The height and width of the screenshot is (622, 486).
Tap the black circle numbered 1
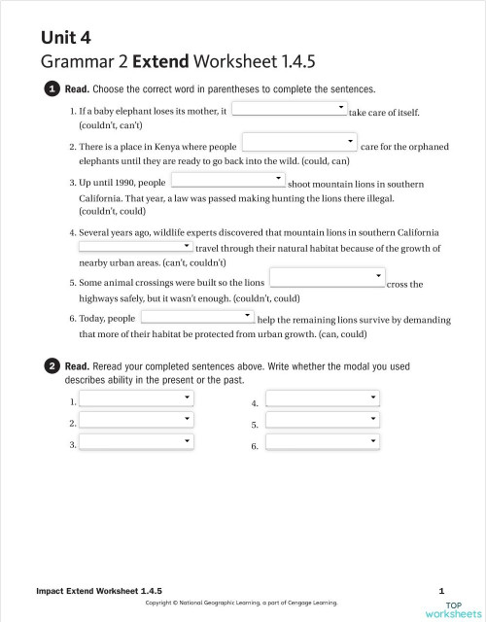[52, 89]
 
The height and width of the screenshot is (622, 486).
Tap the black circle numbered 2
[52, 366]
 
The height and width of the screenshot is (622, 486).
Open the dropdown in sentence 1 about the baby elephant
[289, 108]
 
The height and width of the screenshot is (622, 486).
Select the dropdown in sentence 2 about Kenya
[298, 142]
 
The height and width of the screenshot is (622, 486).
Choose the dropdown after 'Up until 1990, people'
[227, 179]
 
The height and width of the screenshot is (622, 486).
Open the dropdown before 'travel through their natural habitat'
[136, 247]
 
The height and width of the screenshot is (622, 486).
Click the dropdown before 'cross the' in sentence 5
[327, 279]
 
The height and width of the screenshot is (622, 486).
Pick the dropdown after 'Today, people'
[197, 316]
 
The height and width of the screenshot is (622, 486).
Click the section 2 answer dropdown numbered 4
[323, 398]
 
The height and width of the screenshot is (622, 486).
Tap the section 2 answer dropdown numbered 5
[323, 420]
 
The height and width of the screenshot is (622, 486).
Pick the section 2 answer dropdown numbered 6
[323, 442]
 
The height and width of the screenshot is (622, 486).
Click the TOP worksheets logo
[452, 607]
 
